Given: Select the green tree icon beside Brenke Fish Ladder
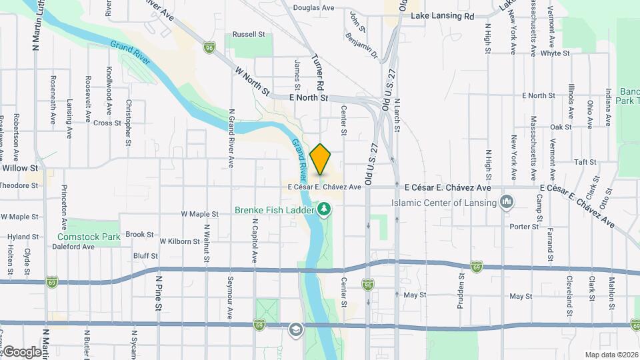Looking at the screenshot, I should coord(325,210).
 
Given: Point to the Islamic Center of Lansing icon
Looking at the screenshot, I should coord(507,201).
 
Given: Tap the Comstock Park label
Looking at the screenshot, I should coord(88,236).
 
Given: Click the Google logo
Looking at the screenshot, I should coord(21,351).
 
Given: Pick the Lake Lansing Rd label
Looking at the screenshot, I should coord(442,15).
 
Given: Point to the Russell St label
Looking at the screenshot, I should coord(248,34).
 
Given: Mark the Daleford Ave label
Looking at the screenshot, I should coord(74,247).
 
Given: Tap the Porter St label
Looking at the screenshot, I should coord(523,227).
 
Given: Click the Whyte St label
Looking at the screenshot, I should coord(555,53).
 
